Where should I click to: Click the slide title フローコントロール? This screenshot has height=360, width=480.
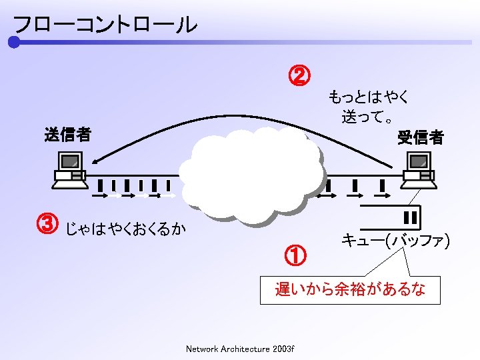[105, 25]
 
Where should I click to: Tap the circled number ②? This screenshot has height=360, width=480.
[298, 75]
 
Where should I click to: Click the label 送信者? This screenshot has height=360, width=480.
[67, 135]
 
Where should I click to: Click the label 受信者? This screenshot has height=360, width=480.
[420, 137]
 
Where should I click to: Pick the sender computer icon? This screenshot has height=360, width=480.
[69, 168]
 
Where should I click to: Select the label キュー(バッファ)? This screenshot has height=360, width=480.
[395, 240]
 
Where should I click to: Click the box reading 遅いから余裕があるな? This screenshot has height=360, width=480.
[350, 290]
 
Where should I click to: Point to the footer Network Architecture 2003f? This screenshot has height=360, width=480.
[240, 349]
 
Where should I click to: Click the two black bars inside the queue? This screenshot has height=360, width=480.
[410, 217]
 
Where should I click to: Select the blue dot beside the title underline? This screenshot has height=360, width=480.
[14, 43]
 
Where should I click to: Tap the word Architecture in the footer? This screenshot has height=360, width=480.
[244, 349]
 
